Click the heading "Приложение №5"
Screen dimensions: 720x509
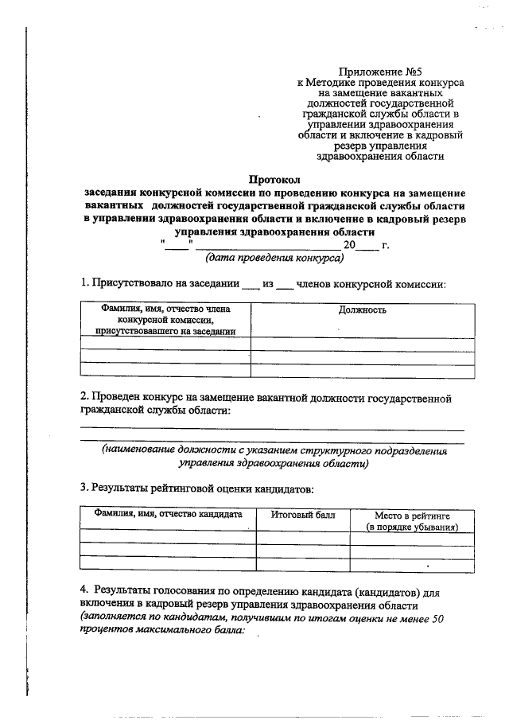point(374,71)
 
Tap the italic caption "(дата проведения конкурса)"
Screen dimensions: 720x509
point(274,258)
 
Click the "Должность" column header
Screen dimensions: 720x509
point(363,309)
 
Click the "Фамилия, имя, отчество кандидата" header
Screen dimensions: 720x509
point(168,515)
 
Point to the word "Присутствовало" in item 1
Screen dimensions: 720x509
point(134,282)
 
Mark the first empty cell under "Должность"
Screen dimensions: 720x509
point(363,343)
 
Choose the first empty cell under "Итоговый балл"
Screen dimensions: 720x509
point(303,537)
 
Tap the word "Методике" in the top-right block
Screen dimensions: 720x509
point(336,82)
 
